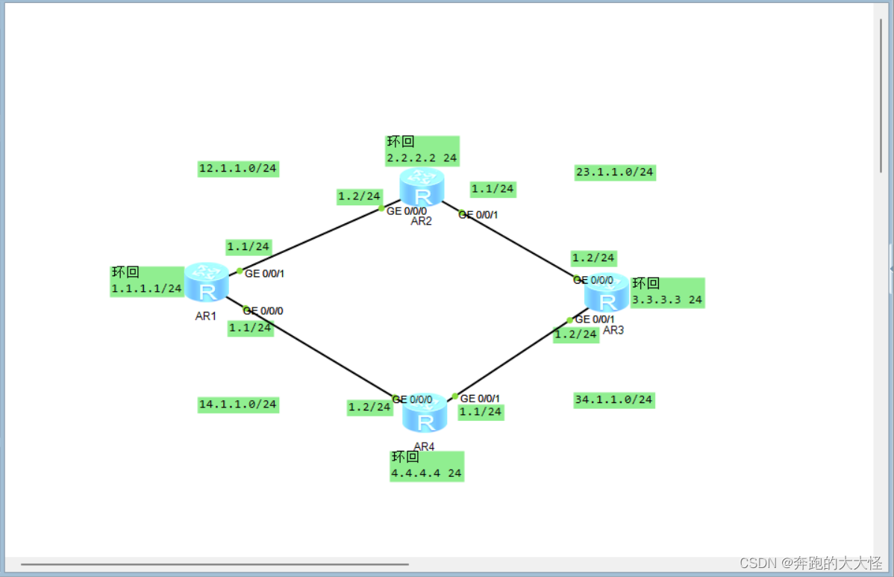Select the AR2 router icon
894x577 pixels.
pos(422,187)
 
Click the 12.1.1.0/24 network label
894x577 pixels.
pos(238,169)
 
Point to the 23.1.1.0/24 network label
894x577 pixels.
pos(615,172)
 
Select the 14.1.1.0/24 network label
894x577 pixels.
pos(238,405)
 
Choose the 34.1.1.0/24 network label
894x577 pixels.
pos(613,399)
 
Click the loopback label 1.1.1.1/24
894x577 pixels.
pos(147,288)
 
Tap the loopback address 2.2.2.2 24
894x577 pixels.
pos(422,158)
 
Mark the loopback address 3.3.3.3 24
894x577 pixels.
pos(666,300)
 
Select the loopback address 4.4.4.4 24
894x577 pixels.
pos(426,473)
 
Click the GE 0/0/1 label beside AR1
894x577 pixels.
pos(264,274)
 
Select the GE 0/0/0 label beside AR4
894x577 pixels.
pos(412,399)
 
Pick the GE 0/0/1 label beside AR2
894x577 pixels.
pos(478,215)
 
